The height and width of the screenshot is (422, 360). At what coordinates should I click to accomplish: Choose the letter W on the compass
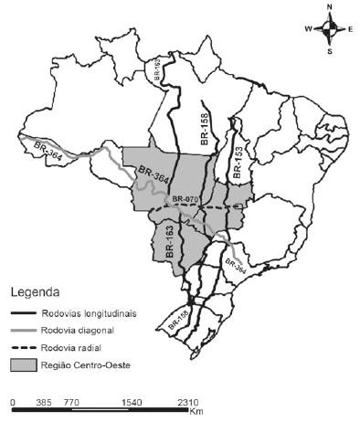(309, 29)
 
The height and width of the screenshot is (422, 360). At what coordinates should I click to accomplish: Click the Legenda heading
(36, 295)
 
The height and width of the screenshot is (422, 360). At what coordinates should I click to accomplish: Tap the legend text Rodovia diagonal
(78, 331)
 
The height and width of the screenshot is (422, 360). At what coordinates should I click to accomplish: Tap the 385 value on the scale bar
(40, 401)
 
